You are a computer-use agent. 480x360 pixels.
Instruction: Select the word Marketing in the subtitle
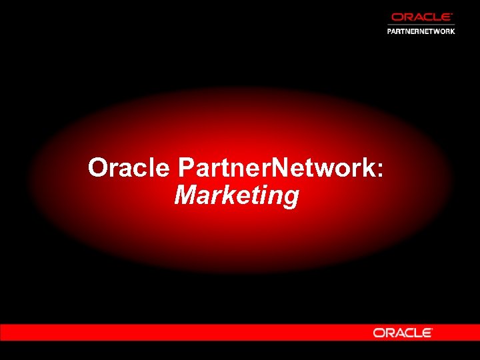click(x=236, y=196)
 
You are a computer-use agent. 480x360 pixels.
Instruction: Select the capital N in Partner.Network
click(x=281, y=167)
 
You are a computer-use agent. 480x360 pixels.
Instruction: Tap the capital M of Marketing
click(x=186, y=195)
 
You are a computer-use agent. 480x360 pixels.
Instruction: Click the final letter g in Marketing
click(x=291, y=199)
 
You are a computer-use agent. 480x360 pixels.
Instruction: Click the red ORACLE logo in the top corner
click(x=421, y=17)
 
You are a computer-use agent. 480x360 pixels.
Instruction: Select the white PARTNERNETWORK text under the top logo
click(x=421, y=31)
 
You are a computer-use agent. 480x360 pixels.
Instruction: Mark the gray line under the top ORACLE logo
click(x=421, y=25)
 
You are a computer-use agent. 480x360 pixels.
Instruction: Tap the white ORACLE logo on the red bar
click(x=403, y=332)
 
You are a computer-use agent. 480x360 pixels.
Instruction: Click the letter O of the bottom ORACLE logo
click(x=379, y=332)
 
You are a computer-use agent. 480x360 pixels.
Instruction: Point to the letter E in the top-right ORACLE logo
click(x=447, y=17)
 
